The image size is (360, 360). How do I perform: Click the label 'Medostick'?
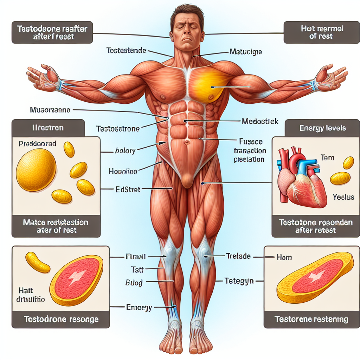pos(260,121)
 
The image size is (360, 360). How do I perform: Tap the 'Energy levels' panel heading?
pos(322,128)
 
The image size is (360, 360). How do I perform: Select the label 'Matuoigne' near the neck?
pos(246,52)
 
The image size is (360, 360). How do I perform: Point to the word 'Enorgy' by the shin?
pos(139,307)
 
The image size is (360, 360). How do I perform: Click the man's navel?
pos(187,142)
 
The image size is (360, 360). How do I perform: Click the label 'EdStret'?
pos(128,189)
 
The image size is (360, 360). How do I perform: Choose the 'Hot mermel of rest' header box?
pos(321,32)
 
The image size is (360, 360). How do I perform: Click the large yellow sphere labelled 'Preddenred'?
pos(36,170)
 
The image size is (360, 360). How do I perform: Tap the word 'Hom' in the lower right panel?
pos(284,257)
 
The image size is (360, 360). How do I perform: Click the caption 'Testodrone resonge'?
pos(61,320)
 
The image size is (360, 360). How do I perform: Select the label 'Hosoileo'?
pos(123,172)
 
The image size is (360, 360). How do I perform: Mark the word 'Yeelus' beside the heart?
pos(343,197)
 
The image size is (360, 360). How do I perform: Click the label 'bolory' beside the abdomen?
pos(125,151)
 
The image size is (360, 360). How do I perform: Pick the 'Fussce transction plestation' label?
pos(250,150)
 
